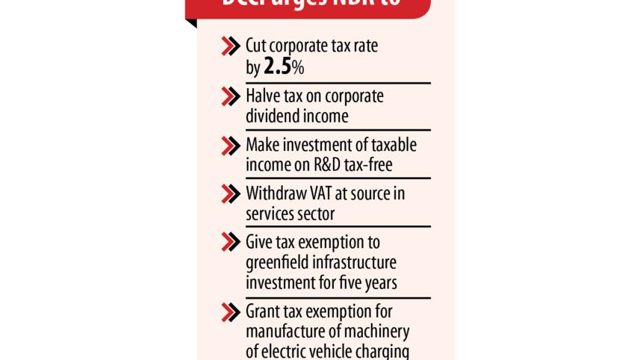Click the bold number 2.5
pyautogui.click(x=278, y=67)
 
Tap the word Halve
pyautogui.click(x=264, y=97)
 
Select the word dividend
pyautogui.click(x=276, y=116)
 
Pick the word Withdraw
pyautogui.click(x=276, y=193)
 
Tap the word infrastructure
pyautogui.click(x=355, y=263)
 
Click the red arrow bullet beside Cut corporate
pyautogui.click(x=230, y=46)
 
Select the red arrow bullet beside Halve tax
pyautogui.click(x=230, y=97)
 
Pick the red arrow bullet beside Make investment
pyautogui.click(x=230, y=145)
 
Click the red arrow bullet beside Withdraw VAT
pyautogui.click(x=230, y=193)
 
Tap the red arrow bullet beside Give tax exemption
pyautogui.click(x=230, y=243)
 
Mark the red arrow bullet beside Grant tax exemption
pyautogui.click(x=230, y=311)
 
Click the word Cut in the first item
pyautogui.click(x=258, y=46)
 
